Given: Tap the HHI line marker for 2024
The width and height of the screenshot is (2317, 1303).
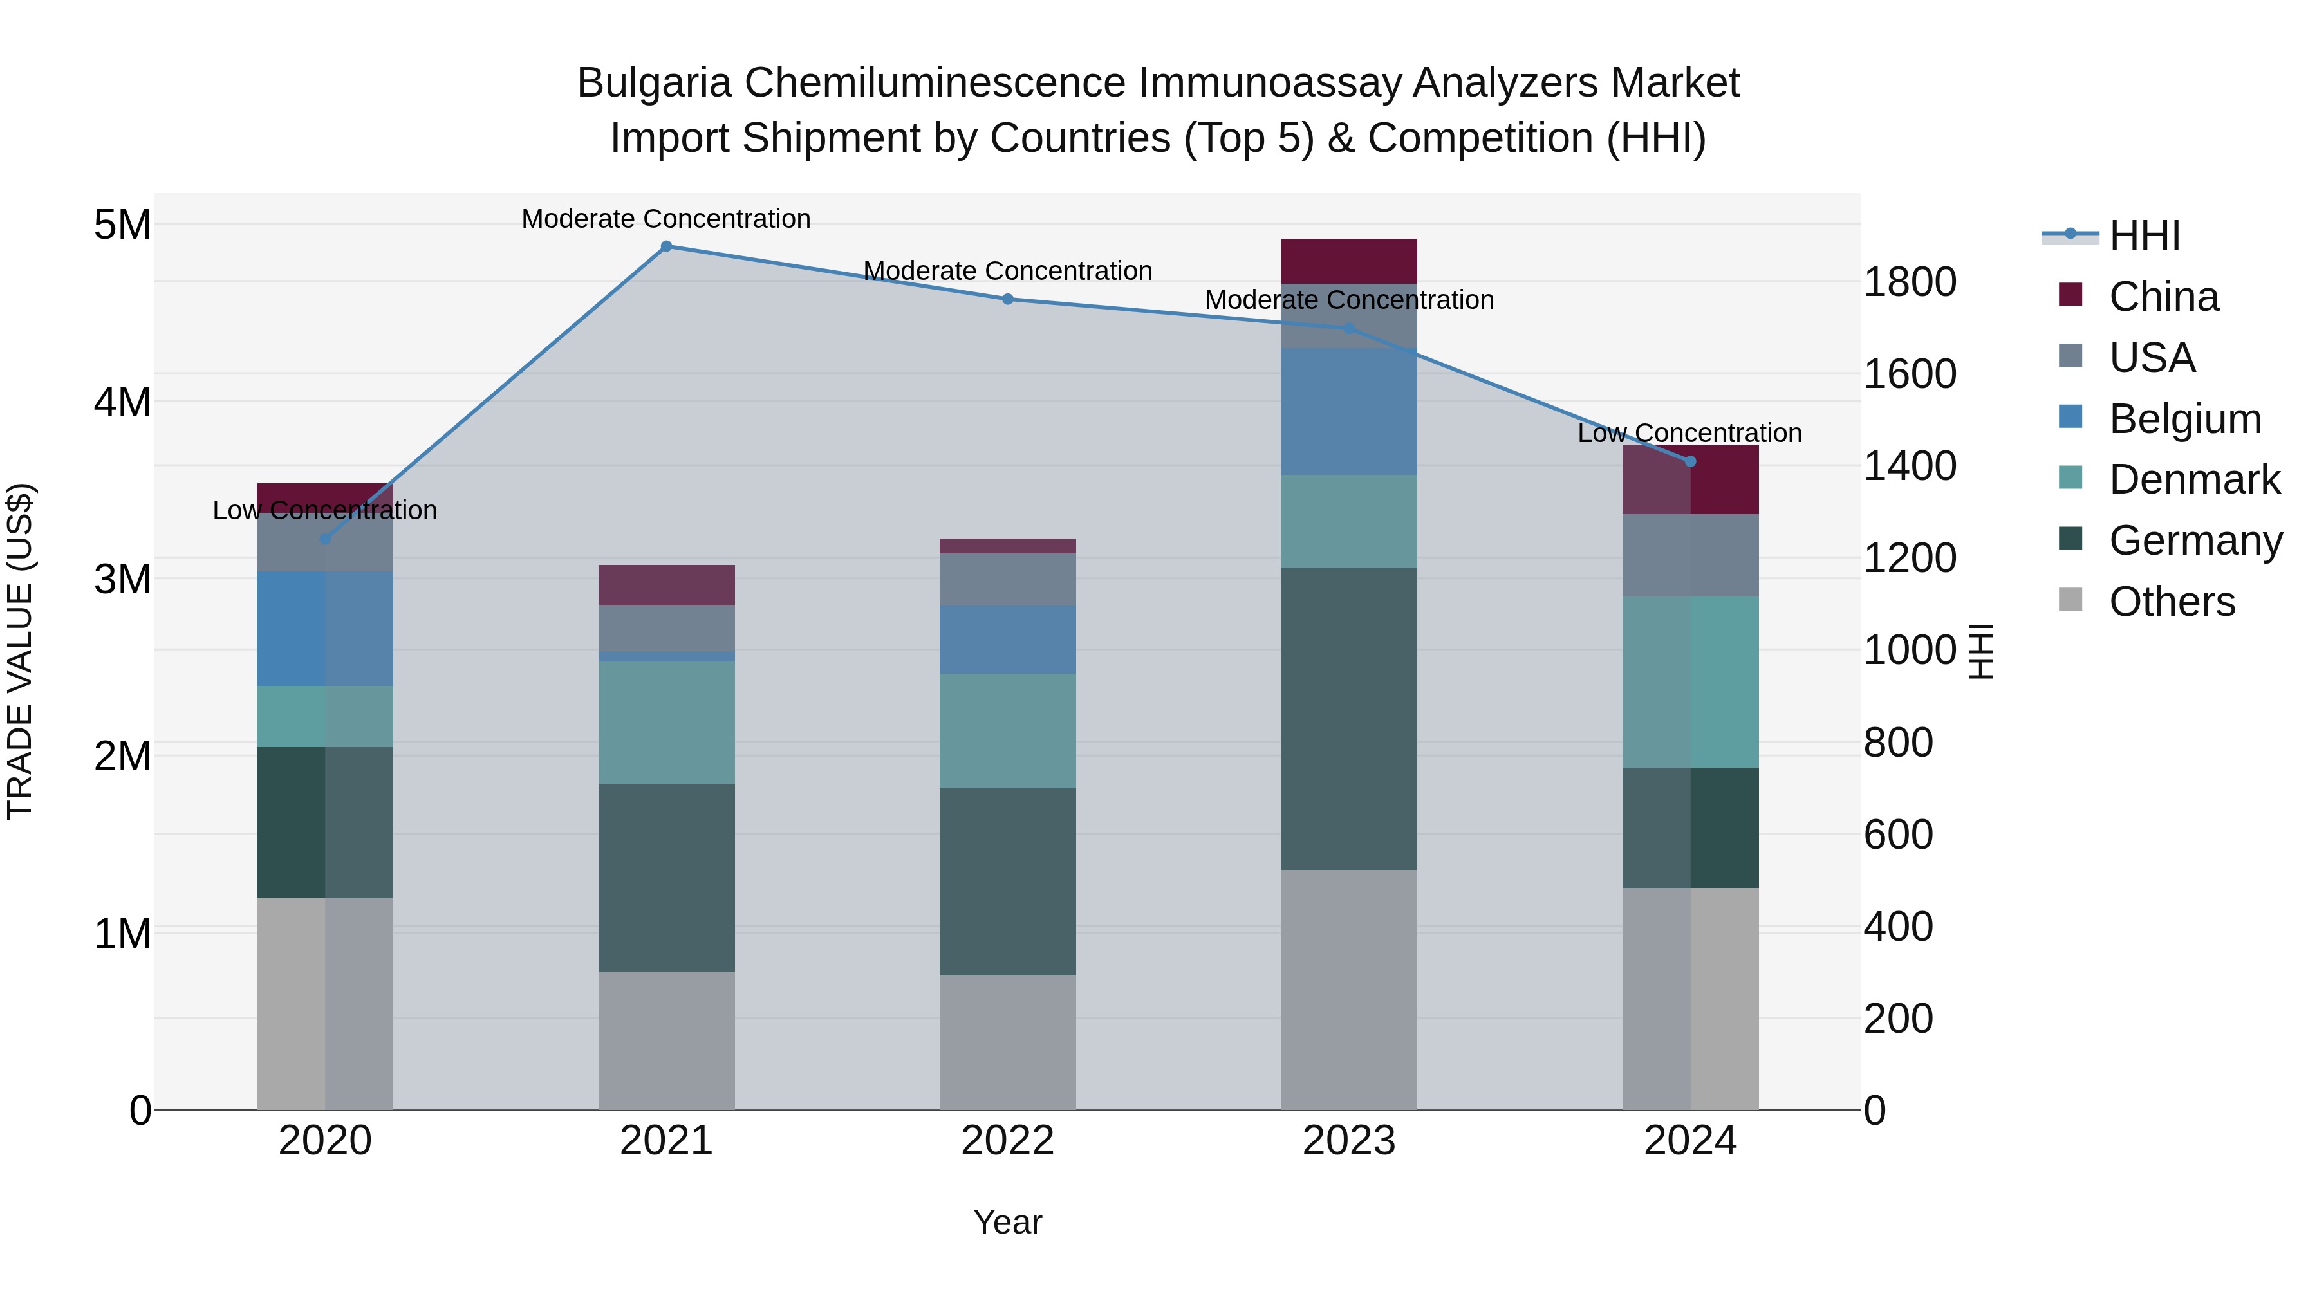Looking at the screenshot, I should point(1690,461).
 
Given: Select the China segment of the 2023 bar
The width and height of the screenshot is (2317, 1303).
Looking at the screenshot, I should point(1348,261).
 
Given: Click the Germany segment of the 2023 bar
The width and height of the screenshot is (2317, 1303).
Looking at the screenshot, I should point(1348,719).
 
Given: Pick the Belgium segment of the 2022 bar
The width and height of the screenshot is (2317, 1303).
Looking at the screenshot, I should point(1007,640).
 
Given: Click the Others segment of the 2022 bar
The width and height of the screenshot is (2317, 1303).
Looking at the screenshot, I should point(1007,1042).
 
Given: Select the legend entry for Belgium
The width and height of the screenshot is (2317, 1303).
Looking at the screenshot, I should point(2184,419).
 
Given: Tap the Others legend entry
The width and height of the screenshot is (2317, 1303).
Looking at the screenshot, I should point(2172,602).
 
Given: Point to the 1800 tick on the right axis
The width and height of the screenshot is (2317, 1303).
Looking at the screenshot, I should point(1909,281).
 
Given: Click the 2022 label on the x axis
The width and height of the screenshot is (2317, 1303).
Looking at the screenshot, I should point(1007,1141).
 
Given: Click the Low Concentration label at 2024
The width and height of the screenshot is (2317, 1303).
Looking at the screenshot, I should point(1689,432).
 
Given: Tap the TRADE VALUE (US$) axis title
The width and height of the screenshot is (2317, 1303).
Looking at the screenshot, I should point(20,651).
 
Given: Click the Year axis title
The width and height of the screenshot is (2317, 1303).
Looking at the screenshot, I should point(1007,1222).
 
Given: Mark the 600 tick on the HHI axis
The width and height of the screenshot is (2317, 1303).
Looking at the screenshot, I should point(1898,835).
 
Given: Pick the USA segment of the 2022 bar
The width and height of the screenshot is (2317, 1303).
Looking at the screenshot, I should point(1007,579).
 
